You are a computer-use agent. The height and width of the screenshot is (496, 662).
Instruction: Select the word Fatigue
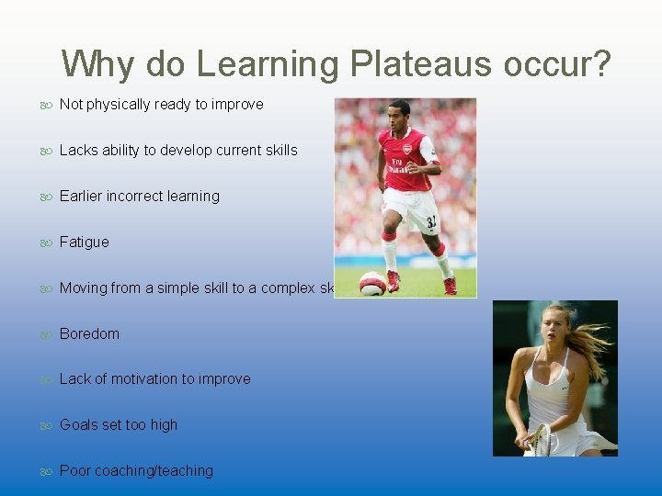tap(84, 242)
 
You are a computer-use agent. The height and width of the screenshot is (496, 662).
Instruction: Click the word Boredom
tap(89, 334)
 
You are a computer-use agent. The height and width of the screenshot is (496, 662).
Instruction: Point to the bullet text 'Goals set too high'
tap(119, 425)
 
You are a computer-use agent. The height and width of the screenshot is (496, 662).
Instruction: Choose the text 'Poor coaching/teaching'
tap(136, 471)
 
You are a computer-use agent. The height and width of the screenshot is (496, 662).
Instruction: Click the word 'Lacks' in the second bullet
tap(79, 151)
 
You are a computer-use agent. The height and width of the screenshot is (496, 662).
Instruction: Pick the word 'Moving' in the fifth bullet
tap(82, 288)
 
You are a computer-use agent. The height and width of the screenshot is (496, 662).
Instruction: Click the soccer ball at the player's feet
tap(372, 283)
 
